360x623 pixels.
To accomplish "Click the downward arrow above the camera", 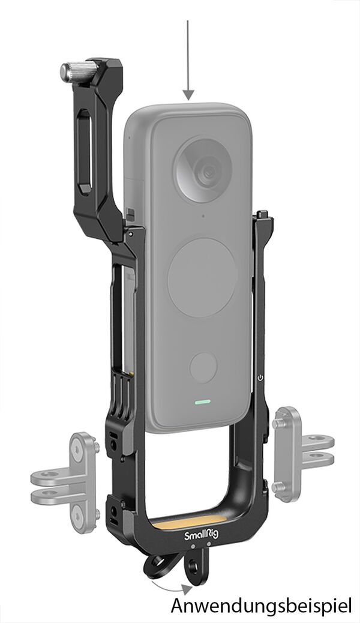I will pyautogui.click(x=188, y=60).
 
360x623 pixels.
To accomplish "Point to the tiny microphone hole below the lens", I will pyautogui.click(x=203, y=215).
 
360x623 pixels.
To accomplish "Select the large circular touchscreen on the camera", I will pyautogui.click(x=201, y=278).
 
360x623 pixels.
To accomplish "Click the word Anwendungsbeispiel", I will pyautogui.click(x=261, y=605).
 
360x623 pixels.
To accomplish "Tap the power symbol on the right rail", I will pyautogui.click(x=260, y=378).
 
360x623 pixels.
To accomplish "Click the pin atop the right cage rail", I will pyautogui.click(x=263, y=214).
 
